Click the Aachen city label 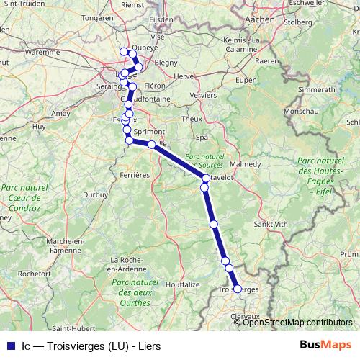tap(261, 20)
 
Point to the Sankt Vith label tap(271, 224)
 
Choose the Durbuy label tap(95, 194)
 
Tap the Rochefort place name tap(34, 274)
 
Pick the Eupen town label tap(246, 78)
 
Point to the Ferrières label tap(135, 174)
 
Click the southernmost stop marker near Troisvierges tap(238, 289)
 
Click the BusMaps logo tap(325, 345)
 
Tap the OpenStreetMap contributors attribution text tap(297, 322)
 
